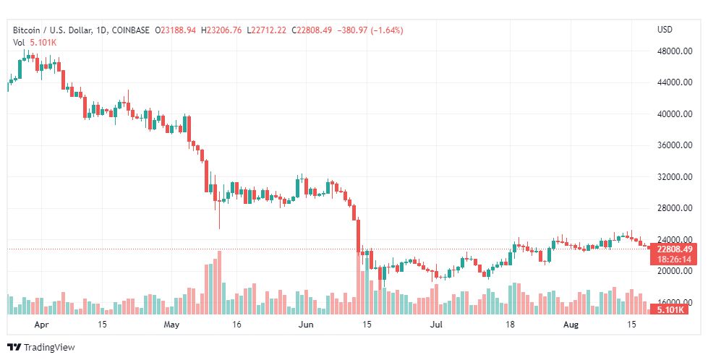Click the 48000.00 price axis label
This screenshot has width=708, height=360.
[675, 51]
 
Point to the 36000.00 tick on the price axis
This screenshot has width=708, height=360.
[675, 145]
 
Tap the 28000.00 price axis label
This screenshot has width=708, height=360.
[675, 208]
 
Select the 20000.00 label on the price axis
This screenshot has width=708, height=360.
[675, 270]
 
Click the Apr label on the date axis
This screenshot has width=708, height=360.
[41, 325]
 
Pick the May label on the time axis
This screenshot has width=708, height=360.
[171, 325]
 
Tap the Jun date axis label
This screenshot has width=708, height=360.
[306, 325]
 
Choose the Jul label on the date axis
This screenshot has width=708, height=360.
[436, 325]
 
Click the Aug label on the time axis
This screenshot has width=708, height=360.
[571, 325]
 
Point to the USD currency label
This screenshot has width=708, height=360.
[665, 30]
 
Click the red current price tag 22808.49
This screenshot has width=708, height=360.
[674, 250]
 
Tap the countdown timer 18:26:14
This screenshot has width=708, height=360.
[674, 260]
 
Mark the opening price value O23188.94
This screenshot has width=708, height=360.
[175, 30]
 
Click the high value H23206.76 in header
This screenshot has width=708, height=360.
[221, 30]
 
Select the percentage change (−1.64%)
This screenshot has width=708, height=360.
[387, 30]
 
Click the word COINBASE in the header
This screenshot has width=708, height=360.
[130, 30]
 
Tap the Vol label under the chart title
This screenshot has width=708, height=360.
[19, 43]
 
